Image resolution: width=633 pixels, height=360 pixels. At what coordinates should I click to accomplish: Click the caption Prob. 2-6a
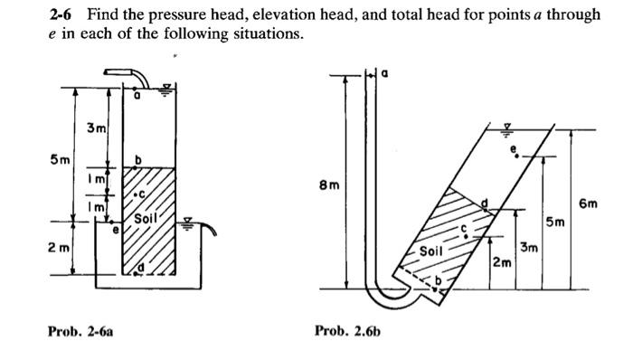pos(80,332)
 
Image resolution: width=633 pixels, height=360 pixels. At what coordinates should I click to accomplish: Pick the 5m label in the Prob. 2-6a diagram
pos(60,161)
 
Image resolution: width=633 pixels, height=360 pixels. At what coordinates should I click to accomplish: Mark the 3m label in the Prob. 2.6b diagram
pos(528,246)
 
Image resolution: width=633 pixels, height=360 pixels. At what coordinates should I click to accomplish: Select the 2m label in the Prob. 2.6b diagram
pos(501,262)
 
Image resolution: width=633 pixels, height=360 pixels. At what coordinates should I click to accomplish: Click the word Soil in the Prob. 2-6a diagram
pos(146,219)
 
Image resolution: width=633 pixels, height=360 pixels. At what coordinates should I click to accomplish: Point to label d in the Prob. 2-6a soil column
pos(142,269)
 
